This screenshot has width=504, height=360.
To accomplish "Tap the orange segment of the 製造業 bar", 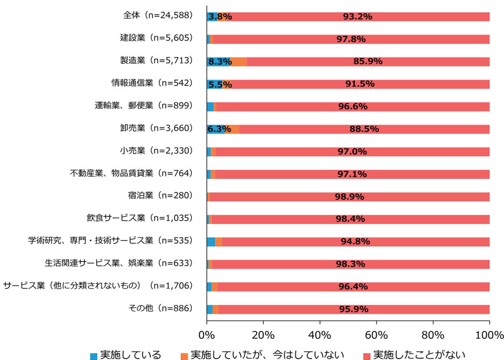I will pyautogui.click(x=239, y=62).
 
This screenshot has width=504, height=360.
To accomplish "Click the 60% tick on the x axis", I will pyautogui.click(x=377, y=333).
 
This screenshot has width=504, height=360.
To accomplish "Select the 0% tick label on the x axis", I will pyautogui.click(x=207, y=333).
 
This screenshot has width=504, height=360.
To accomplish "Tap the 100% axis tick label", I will pyautogui.click(x=489, y=333).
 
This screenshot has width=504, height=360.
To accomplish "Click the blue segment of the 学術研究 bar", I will pyautogui.click(x=211, y=242).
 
